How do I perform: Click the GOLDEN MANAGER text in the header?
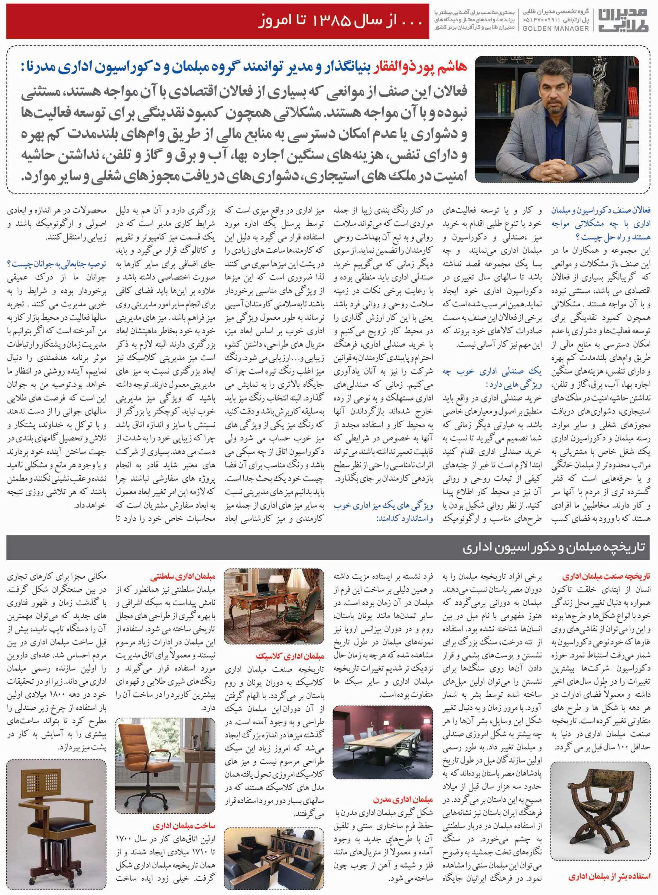pyautogui.click(x=555, y=28)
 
